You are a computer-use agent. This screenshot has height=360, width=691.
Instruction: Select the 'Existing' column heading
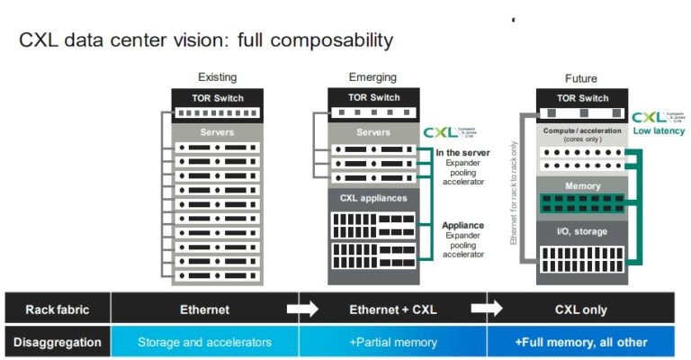[216, 77]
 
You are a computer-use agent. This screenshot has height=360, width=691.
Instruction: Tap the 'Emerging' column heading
[372, 77]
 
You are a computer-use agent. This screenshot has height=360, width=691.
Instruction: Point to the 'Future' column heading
[580, 78]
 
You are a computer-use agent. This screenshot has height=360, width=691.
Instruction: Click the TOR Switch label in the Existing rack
[216, 97]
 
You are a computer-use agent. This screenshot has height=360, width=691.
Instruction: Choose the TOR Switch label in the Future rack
[580, 97]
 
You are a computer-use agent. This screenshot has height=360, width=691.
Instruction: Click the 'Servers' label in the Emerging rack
[372, 132]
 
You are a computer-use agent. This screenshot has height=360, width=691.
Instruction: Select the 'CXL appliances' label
[372, 197]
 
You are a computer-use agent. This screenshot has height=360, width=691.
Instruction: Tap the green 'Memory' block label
[580, 186]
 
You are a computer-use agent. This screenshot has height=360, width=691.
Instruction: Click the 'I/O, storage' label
[580, 231]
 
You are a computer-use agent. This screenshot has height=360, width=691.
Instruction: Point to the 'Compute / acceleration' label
[580, 130]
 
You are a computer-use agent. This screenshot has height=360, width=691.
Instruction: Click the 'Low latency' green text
[659, 131]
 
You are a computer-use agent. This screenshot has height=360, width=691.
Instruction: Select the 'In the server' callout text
[462, 153]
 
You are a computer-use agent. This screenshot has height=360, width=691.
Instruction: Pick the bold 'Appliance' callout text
[462, 226]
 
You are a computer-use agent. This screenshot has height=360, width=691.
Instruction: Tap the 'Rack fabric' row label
[56, 310]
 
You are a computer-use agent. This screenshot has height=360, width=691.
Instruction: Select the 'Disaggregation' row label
[56, 342]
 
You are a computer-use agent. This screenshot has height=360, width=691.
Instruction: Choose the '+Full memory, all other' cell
[580, 342]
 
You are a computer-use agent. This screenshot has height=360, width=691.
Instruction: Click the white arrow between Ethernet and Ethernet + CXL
[302, 310]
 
